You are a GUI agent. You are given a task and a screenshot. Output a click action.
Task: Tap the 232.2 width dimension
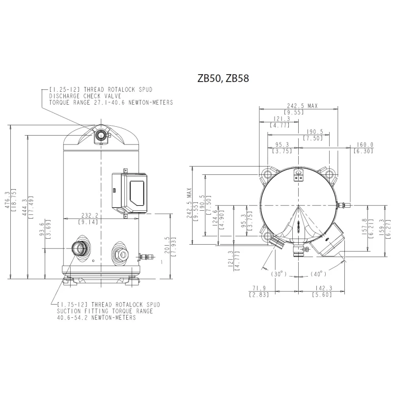[90, 215]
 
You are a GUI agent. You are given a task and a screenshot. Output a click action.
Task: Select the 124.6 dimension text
[215, 221]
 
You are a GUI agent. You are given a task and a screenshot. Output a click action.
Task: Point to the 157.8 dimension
[364, 228]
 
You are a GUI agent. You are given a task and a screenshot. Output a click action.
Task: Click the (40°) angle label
[318, 274]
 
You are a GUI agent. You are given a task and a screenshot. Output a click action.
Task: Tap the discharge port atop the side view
[101, 136]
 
